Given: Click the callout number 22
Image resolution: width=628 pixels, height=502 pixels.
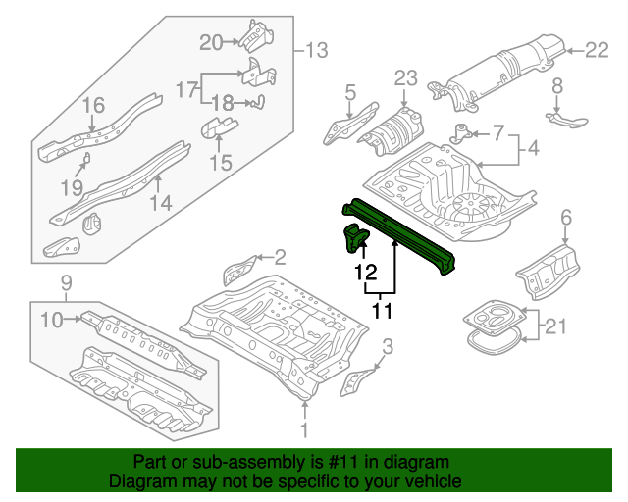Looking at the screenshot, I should (x=598, y=48).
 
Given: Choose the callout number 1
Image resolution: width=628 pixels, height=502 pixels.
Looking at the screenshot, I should (x=304, y=429).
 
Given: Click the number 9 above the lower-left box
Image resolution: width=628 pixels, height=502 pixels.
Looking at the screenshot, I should (x=67, y=284).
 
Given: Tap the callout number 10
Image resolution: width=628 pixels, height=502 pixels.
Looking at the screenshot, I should (x=50, y=318).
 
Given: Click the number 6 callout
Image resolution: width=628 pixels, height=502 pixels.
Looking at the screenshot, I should (x=565, y=217).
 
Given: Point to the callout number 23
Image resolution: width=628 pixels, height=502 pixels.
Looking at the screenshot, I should (x=406, y=78).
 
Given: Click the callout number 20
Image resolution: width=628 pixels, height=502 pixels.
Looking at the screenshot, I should (x=212, y=41).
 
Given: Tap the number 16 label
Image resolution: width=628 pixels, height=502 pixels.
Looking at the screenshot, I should (x=92, y=106).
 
